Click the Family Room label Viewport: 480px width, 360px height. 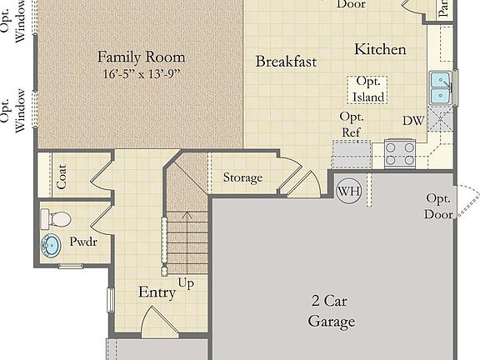coord(142,57)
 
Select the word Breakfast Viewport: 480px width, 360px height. coord(286,62)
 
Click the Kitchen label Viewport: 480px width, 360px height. coord(380,49)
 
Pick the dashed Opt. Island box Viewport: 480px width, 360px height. coord(367,90)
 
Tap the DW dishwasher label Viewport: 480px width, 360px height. coord(413,121)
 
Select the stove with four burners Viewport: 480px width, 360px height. coord(400,152)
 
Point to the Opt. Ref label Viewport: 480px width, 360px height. coord(352,125)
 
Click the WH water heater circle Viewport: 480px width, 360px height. coord(349,191)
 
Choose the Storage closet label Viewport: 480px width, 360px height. coord(242,177)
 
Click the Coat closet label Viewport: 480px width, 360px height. coord(61,176)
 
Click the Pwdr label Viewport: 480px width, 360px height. coord(83,242)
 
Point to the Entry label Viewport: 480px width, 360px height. coord(157,292)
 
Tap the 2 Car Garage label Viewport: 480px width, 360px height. coord(332,312)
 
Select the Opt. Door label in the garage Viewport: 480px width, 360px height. coord(439,206)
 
